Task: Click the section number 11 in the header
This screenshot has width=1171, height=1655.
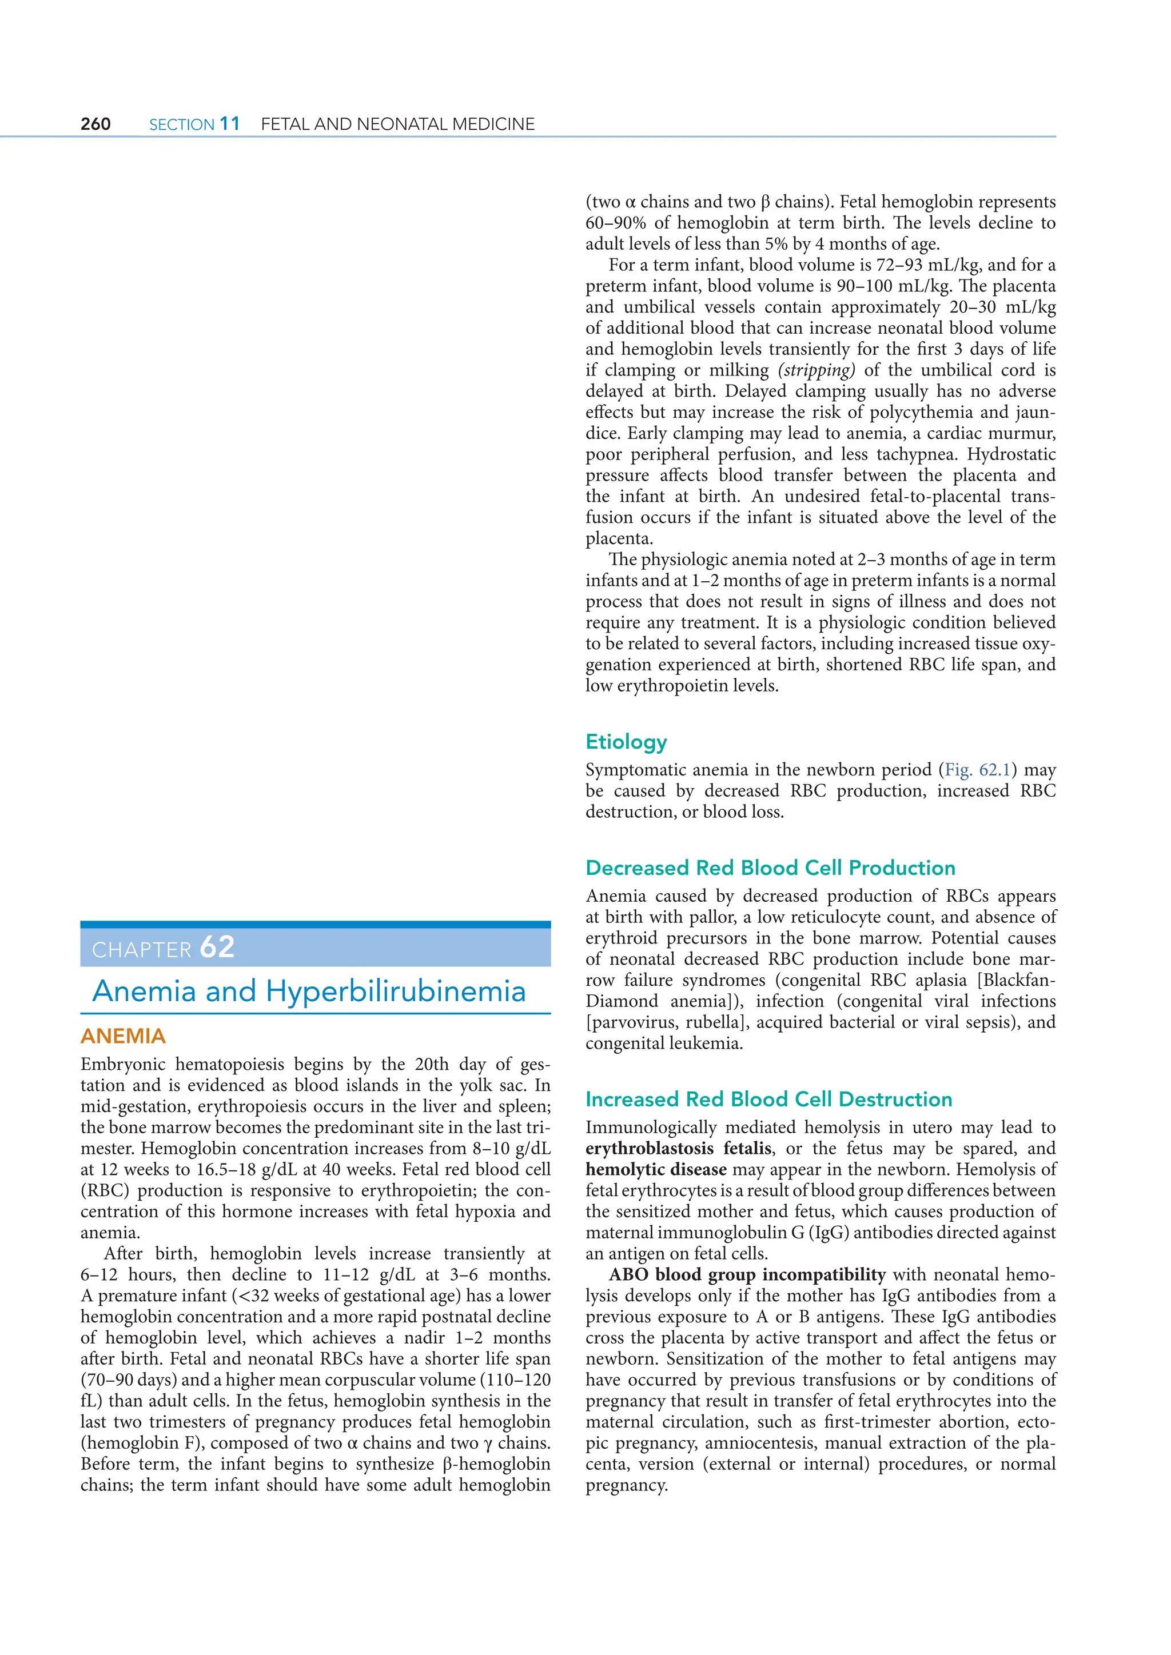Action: (x=229, y=123)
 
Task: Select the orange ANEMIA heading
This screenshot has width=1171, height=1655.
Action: (x=124, y=1036)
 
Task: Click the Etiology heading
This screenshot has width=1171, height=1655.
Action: (x=626, y=742)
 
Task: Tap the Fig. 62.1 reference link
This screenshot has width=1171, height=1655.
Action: (x=977, y=770)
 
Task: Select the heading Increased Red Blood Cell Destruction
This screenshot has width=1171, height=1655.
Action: (x=768, y=1100)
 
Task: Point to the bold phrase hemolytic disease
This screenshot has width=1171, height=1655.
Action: (x=655, y=1169)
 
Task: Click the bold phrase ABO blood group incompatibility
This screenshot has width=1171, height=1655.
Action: (x=747, y=1274)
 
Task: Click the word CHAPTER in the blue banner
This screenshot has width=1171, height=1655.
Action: (x=142, y=950)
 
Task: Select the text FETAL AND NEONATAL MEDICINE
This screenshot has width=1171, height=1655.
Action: (x=397, y=124)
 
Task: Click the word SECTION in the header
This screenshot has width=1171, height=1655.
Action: (x=182, y=125)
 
